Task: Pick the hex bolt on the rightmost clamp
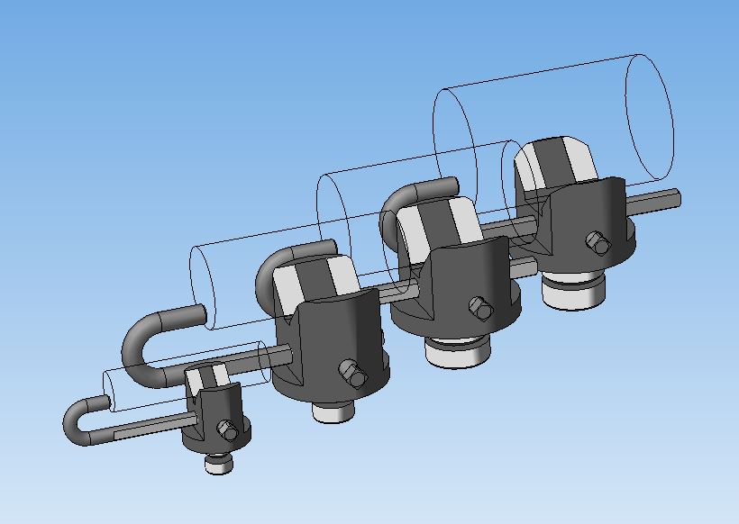click(x=596, y=242)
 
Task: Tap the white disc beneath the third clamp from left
click(x=458, y=353)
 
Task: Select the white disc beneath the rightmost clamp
click(x=574, y=294)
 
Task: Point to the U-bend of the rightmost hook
click(x=397, y=203)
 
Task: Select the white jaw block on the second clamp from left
click(x=315, y=279)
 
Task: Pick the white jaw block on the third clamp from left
click(x=437, y=225)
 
